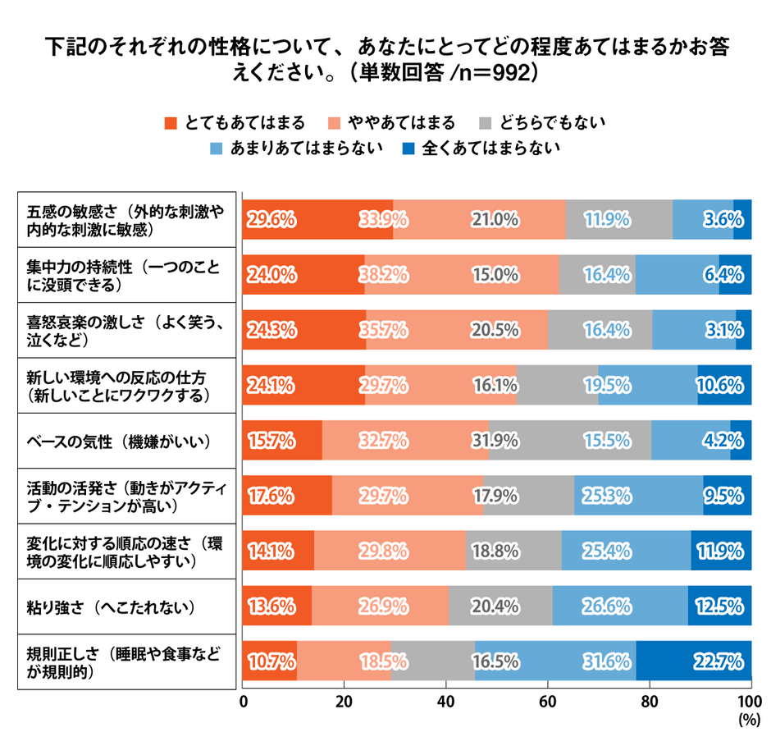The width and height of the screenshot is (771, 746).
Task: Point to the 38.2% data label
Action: (384, 275)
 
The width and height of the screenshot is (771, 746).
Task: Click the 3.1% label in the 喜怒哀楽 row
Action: (726, 330)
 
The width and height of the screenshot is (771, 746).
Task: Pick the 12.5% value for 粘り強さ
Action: (719, 606)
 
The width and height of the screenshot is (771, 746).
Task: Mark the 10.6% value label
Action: (719, 385)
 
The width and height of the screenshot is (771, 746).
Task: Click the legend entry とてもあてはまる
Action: (235, 123)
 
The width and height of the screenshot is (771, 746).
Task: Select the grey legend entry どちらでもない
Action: (541, 123)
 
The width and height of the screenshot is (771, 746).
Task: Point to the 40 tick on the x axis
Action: (446, 703)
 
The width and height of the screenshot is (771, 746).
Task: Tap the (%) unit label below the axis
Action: (748, 720)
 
